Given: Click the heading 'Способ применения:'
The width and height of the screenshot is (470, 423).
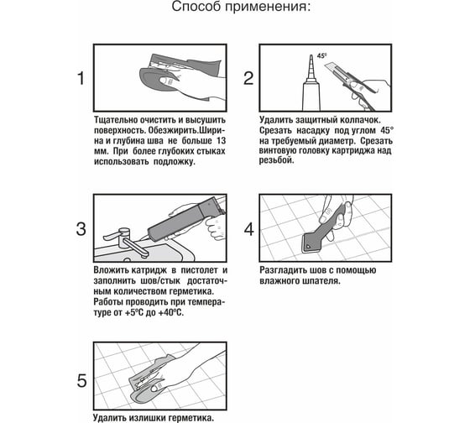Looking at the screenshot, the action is tap(242, 7).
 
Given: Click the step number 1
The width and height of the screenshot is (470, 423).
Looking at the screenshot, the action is tap(81, 78).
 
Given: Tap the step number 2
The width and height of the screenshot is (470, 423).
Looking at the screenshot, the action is tap(248, 78).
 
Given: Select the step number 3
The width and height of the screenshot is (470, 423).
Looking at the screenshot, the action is tap(81, 229).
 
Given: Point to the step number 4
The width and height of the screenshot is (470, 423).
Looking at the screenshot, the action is tap(248, 229).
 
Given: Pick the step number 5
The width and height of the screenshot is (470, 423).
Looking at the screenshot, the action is tap(81, 381).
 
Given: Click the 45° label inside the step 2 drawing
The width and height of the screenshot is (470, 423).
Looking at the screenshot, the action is tap(321, 55).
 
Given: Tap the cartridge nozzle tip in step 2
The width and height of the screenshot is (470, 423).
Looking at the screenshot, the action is tap(311, 55).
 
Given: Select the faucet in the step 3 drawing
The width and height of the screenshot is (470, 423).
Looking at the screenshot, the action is tap(125, 240).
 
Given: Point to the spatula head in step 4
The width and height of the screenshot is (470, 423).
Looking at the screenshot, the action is tap(309, 243).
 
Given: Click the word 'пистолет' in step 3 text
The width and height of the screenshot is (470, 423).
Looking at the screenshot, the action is tap(200, 270).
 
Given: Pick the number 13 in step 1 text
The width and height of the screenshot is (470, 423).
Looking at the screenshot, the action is tap(221, 141).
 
